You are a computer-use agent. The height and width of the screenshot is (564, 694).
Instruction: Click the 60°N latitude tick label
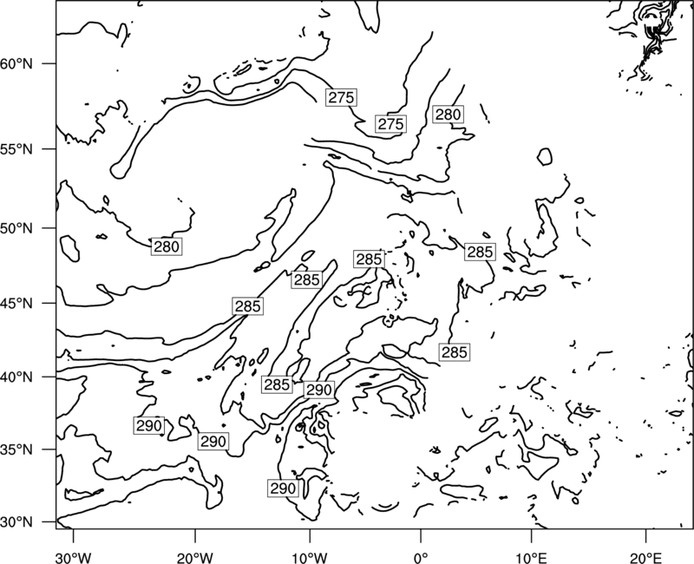click(x=16, y=63)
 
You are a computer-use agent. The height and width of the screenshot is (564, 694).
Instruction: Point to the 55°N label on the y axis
click(x=16, y=149)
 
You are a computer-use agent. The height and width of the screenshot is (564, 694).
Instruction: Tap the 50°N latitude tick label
click(x=16, y=228)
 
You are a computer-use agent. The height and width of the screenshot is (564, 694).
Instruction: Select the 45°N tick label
click(x=16, y=303)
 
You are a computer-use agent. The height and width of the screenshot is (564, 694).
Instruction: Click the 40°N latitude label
click(x=16, y=377)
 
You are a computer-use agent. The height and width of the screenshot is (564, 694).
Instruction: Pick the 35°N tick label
click(x=16, y=449)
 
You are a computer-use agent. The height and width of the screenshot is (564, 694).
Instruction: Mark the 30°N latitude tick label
click(x=16, y=522)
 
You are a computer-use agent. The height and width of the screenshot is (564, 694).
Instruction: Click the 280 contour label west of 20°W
click(x=167, y=246)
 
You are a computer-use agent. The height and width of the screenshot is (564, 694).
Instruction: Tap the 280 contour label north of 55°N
click(x=448, y=115)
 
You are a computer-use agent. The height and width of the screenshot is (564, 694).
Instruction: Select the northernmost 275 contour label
click(x=341, y=97)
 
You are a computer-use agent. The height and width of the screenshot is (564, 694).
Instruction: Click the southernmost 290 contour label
click(x=283, y=489)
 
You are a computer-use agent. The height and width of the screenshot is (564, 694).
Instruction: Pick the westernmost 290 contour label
click(x=148, y=425)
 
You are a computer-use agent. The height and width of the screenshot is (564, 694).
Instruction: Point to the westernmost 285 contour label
click(x=248, y=306)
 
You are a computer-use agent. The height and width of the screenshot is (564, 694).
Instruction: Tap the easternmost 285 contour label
click(x=481, y=252)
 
